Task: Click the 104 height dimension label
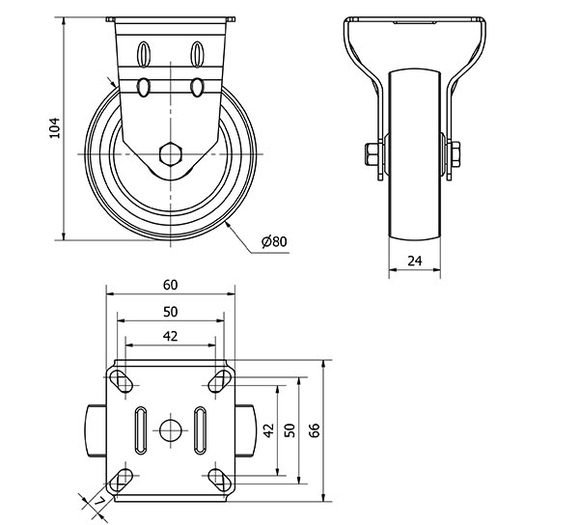coord(54,128)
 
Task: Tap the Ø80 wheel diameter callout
coord(274,241)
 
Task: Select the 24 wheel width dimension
coord(415,261)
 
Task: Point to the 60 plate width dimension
coord(170,285)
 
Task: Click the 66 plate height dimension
coord(315,430)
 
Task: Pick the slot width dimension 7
coord(99,501)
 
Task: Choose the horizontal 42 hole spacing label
coord(170,336)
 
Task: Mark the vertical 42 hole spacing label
coord(269,430)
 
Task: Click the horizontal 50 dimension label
coord(170,312)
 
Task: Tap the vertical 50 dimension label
coord(290,430)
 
